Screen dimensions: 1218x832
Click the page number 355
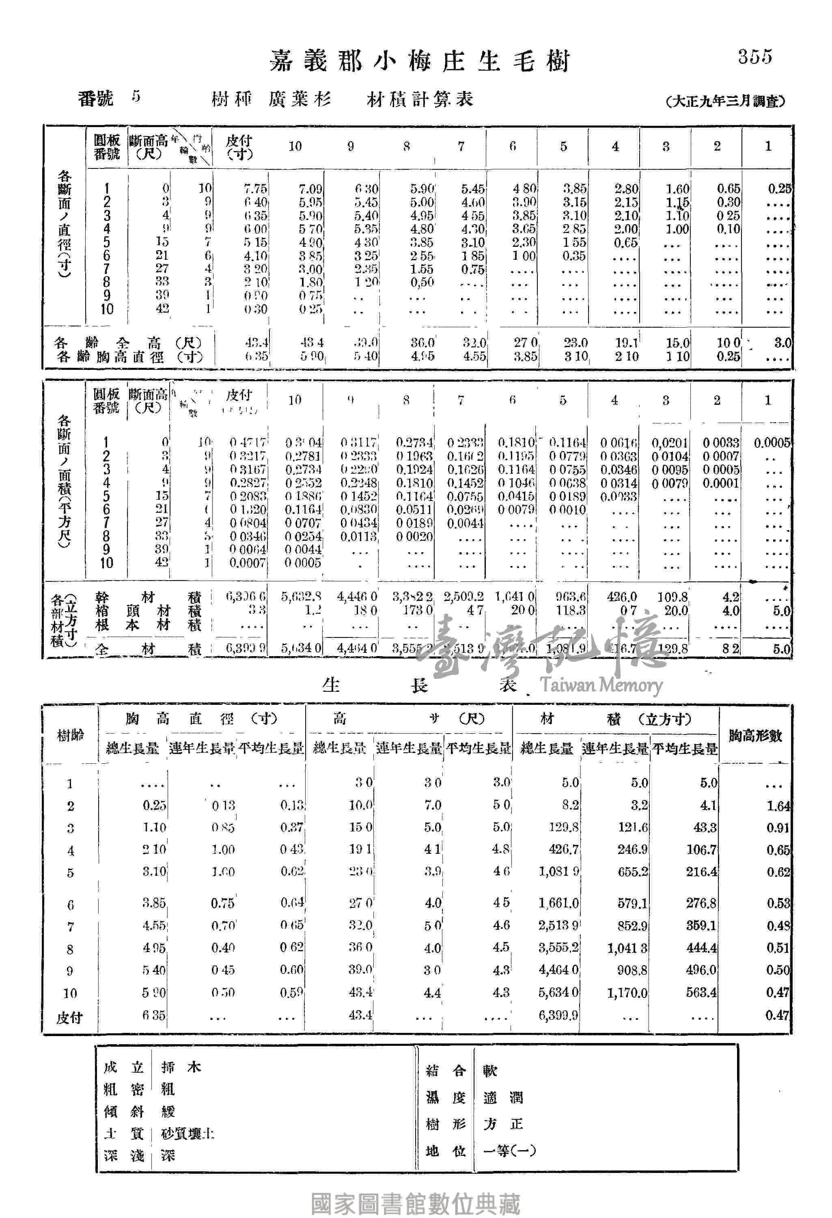[755, 56]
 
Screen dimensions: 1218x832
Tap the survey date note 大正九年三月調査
[726, 101]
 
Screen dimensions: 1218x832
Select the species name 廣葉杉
[300, 99]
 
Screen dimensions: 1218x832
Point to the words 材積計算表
[420, 99]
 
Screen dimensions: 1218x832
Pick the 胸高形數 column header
[755, 735]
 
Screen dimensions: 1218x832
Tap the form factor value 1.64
[778, 806]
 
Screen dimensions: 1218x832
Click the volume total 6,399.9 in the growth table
[558, 1015]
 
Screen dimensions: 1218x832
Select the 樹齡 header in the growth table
[70, 735]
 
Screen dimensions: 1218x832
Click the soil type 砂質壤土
[188, 1134]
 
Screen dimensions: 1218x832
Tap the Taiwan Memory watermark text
[601, 685]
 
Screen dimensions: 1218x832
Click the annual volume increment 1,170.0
[628, 993]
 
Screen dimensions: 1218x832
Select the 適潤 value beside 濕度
[503, 1097]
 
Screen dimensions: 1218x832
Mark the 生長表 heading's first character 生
[331, 685]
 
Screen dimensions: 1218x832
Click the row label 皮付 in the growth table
[70, 1017]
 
